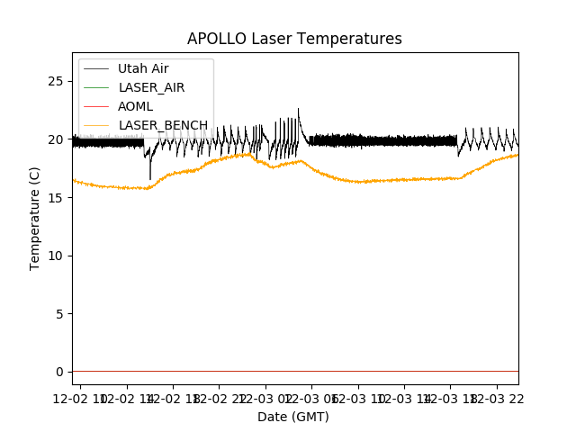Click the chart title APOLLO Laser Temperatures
click(294, 39)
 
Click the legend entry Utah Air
click(143, 68)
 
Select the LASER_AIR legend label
click(151, 87)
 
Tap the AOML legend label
click(135, 106)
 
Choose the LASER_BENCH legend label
click(163, 125)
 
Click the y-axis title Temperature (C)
click(35, 218)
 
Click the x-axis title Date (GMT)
click(293, 417)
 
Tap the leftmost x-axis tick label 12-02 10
click(79, 397)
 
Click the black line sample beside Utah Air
click(96, 68)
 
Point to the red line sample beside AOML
click(96, 106)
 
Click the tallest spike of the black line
click(298, 110)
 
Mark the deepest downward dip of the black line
click(150, 177)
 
